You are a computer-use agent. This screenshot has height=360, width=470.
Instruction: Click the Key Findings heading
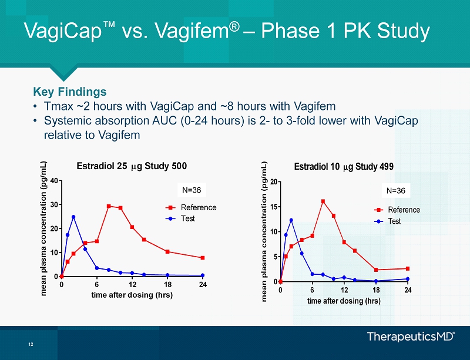tap(70, 92)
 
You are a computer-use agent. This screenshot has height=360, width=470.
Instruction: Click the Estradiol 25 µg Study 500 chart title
tap(132, 166)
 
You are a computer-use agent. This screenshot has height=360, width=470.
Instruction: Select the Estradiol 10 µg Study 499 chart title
tap(344, 166)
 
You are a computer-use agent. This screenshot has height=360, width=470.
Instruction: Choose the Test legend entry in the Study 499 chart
tap(394, 221)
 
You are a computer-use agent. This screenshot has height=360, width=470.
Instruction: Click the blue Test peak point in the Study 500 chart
tap(73, 217)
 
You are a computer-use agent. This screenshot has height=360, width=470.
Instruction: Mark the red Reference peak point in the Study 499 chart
tap(323, 201)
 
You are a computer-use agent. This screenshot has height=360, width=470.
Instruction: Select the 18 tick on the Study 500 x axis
tap(167, 285)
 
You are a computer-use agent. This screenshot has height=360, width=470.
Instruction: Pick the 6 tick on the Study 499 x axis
tap(312, 290)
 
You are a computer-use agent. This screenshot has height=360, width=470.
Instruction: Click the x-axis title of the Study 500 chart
tap(132, 295)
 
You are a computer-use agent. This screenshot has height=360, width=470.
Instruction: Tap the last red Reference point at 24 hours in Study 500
tap(203, 258)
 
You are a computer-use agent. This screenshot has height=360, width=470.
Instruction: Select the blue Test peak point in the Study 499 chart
tap(291, 220)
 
